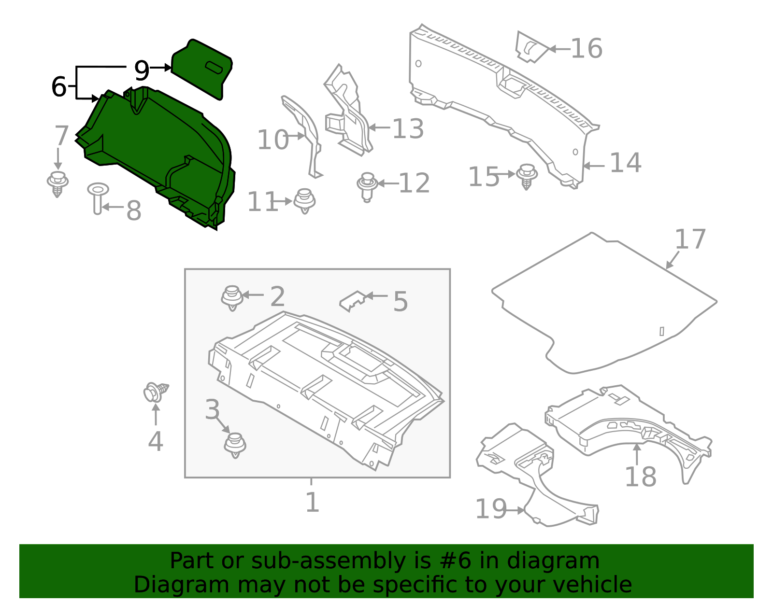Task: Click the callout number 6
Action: pos(58,87)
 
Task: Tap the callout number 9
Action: pos(142,71)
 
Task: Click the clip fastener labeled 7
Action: pos(57,183)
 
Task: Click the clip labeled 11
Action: pos(304,200)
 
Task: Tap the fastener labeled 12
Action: pos(367,186)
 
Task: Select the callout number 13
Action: pos(408,129)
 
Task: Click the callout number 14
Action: pos(625,163)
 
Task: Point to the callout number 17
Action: pos(690,239)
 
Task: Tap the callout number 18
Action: pos(640,477)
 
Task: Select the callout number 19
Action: pos(491,509)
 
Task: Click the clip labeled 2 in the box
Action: pos(232,297)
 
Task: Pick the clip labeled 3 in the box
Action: pos(235,445)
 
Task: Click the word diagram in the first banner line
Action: pos(563,561)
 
